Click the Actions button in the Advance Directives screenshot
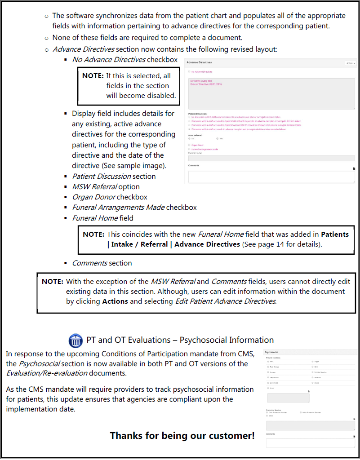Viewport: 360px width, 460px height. point(351,63)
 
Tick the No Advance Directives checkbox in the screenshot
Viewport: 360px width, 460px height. point(189,72)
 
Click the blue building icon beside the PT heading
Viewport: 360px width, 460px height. point(75,340)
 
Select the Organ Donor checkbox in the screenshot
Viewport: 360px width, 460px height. point(189,145)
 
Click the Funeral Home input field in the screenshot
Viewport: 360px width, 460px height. point(271,158)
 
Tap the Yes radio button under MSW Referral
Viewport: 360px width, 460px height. point(217,139)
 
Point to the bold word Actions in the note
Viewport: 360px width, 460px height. point(115,301)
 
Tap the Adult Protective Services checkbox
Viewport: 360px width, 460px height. point(301,412)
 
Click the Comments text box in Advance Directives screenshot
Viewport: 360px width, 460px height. point(271,177)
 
